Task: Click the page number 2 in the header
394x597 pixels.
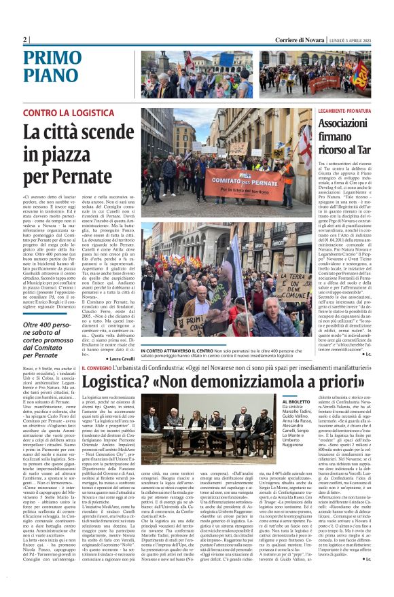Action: pos(25,40)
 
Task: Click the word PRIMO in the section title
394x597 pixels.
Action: pos(54,58)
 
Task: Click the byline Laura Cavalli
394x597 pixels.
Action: pos(119,358)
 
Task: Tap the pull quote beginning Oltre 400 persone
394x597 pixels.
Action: pos(42,340)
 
